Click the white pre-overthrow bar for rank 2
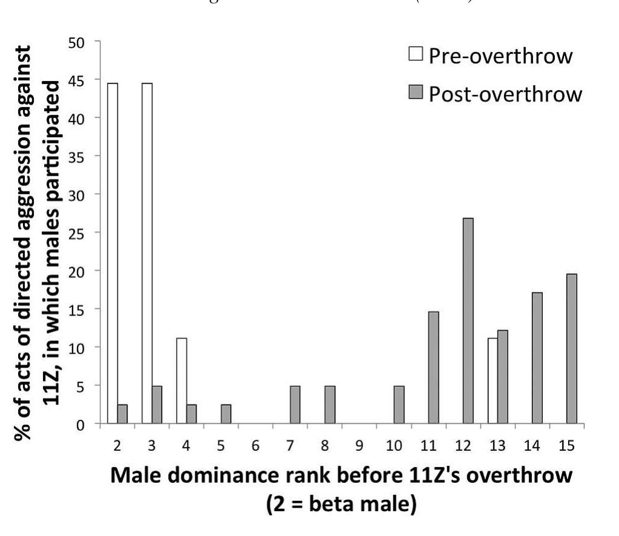(x=112, y=254)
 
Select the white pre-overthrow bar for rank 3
(x=147, y=254)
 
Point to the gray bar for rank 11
(x=433, y=368)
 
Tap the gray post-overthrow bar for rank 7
(x=295, y=405)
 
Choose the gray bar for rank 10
(x=399, y=405)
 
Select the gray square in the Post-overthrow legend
(x=415, y=93)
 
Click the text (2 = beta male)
(x=342, y=504)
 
